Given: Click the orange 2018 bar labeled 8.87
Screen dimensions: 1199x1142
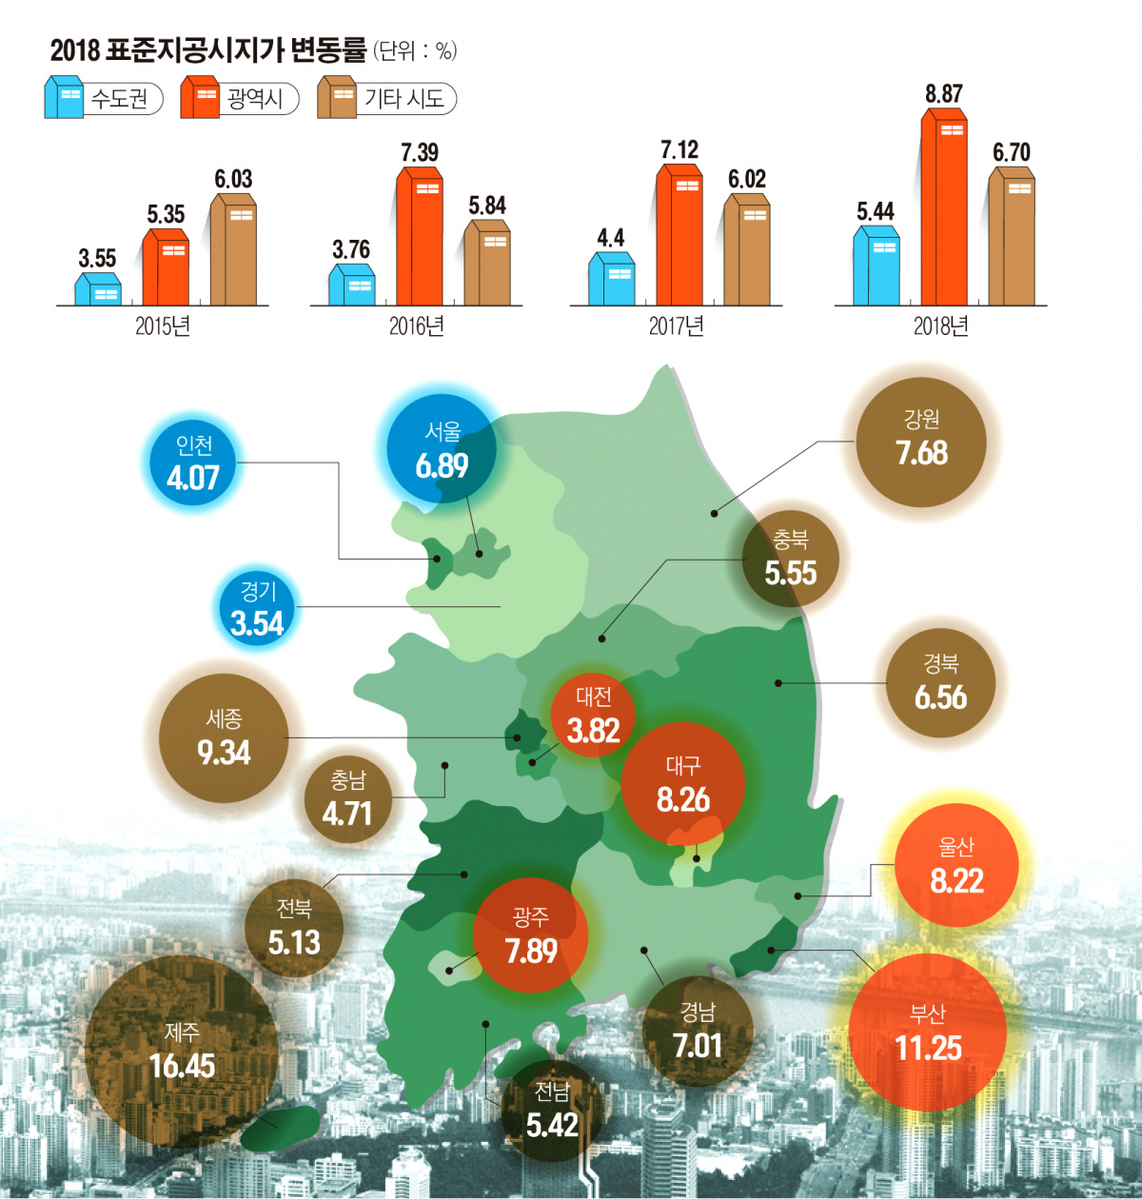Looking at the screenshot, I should coord(944,209).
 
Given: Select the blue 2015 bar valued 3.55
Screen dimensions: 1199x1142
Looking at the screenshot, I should coord(98,289).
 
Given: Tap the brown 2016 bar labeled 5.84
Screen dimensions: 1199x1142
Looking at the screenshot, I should coord(487,264).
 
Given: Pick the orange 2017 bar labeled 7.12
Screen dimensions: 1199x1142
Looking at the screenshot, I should coord(679,236).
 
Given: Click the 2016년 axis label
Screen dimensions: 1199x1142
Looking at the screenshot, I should coord(416,326).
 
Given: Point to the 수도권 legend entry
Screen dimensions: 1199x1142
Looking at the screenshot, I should coord(103,98).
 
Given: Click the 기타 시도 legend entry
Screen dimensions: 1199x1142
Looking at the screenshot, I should coord(386,98).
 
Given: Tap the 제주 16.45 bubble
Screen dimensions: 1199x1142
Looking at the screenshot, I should coord(182,1051).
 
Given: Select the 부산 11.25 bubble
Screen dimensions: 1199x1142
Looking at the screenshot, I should coord(928,1032).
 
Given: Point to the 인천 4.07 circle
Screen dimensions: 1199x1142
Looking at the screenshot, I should coord(193,462).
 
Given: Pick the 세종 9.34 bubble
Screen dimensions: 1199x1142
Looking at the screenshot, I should coord(224,737).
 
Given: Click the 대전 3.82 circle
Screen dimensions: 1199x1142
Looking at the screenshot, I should coord(594,715).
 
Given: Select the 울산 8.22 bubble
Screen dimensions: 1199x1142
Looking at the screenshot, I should coord(956,865).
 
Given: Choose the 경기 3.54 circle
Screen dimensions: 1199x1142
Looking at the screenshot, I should coord(257,609).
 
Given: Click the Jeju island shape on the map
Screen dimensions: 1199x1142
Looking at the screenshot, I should coord(280,1127).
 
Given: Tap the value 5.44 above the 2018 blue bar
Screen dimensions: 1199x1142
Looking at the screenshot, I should coord(876,211).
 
